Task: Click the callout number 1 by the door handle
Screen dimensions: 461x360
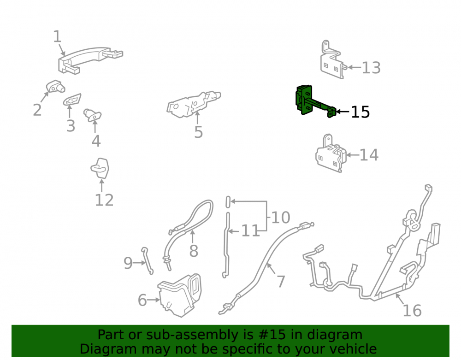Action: coord(57,37)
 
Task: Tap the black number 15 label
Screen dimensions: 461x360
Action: coord(361,112)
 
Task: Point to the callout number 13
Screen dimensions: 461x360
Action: coord(371,68)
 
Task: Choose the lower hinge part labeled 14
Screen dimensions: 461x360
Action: coord(330,154)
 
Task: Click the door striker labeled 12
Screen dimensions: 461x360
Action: coord(100,168)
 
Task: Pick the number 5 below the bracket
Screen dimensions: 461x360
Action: coord(199,132)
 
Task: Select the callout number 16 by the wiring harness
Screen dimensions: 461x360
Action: coord(412,311)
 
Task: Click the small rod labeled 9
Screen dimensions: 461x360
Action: coord(148,261)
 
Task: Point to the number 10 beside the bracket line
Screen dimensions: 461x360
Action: coord(281,218)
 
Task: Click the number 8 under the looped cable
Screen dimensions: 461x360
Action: coord(194,251)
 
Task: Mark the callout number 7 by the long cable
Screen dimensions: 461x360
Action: coord(281,282)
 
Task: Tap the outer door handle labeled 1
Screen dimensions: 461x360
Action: coord(90,59)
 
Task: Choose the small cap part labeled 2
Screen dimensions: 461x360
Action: coord(55,86)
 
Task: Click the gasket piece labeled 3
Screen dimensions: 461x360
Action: coord(72,100)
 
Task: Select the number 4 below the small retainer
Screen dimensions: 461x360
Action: coord(96,141)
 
